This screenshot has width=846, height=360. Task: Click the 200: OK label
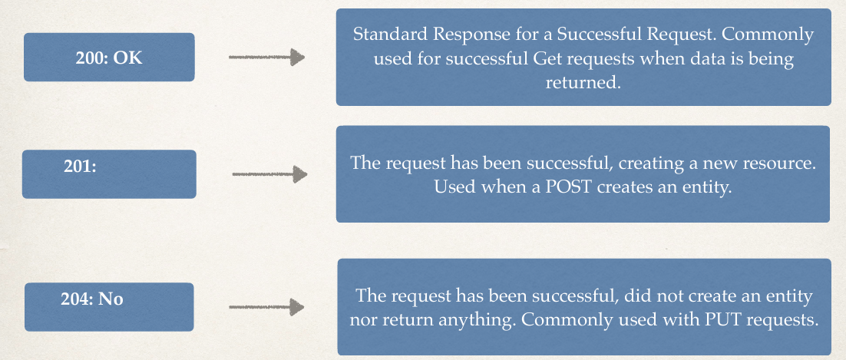[x=109, y=58]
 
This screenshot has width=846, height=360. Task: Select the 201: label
[x=80, y=167]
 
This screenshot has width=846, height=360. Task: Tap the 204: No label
[x=91, y=299]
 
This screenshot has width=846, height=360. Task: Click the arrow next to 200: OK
[x=266, y=57]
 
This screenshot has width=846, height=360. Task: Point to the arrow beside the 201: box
[x=269, y=173]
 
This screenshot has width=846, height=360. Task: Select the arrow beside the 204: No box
[x=266, y=307]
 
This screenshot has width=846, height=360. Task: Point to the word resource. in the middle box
[x=777, y=163]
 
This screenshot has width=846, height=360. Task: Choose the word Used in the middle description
[x=453, y=187]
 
